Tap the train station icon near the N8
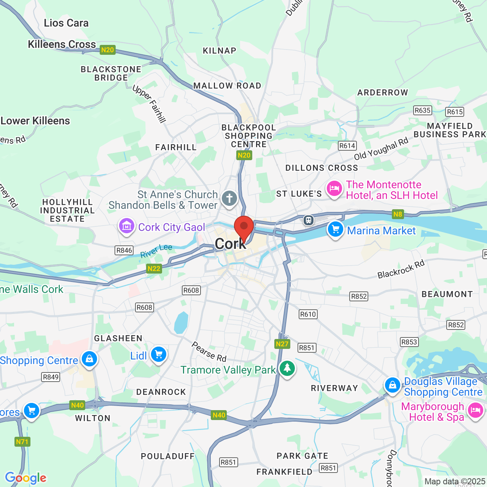coord(308,220)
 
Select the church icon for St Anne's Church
coord(229,199)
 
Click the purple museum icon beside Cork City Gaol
coord(126,226)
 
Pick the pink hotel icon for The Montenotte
coord(334,188)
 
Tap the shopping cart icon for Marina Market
coord(335,229)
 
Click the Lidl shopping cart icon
coord(158,355)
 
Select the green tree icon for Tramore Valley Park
coord(287,368)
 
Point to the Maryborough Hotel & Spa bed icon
coord(475,411)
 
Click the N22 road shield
coord(154,269)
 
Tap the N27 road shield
coord(282,344)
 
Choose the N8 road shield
coord(398,214)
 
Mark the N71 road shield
coord(22,442)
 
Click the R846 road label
coord(124,250)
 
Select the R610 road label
coord(308,314)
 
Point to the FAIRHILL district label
coord(176,147)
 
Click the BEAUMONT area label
coord(447,294)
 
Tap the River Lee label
coord(156,251)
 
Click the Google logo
coord(25,478)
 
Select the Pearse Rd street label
coord(209,352)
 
